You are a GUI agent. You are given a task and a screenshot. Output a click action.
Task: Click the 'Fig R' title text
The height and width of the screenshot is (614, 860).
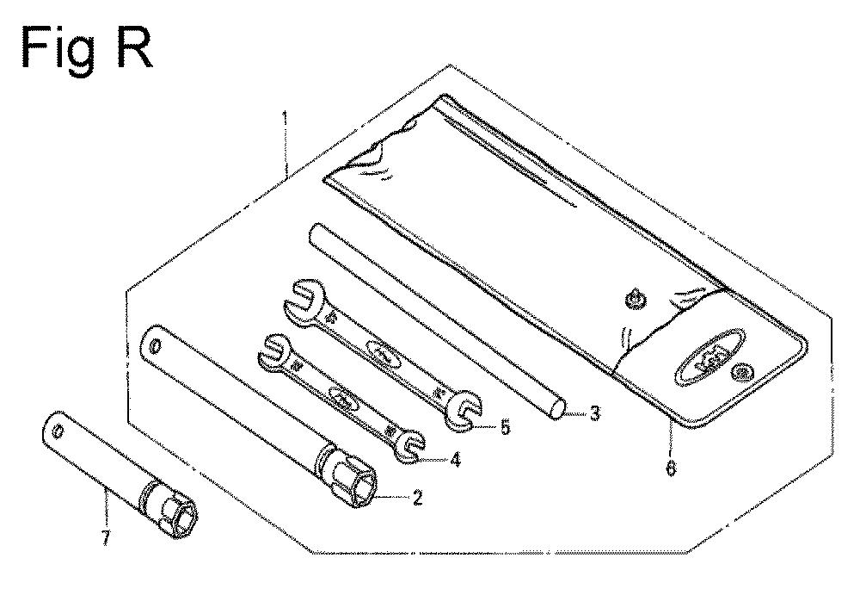(x=86, y=48)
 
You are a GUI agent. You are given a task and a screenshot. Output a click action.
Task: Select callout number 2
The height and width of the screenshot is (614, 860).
(x=417, y=497)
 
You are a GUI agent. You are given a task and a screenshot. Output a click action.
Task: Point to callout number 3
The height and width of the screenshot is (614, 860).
(x=594, y=414)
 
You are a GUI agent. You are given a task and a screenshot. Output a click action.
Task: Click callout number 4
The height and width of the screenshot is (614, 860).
(x=454, y=460)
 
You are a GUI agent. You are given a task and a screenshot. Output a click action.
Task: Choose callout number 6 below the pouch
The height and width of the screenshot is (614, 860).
(x=671, y=469)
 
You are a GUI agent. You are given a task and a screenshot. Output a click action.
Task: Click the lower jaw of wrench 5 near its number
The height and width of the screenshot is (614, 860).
(x=464, y=413)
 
